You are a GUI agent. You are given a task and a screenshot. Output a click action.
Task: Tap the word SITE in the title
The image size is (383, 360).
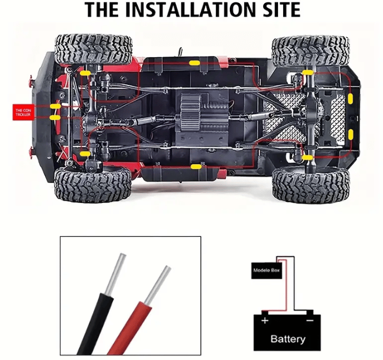point(278,9)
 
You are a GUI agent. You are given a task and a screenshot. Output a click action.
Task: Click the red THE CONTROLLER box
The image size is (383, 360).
point(23,112)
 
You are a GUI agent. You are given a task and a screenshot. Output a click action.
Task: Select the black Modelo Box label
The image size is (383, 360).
point(266,271)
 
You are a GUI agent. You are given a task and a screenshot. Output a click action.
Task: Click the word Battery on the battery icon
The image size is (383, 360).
point(288,339)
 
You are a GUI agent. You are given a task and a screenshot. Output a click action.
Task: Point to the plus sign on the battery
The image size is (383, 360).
point(265,321)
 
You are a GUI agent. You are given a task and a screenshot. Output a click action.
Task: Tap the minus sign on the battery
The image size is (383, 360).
point(310,320)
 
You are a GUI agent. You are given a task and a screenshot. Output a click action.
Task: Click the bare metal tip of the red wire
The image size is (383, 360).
point(158,285)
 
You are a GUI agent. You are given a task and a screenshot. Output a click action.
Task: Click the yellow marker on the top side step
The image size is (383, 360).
point(195,63)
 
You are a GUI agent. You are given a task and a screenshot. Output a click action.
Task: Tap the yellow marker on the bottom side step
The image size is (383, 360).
point(196,167)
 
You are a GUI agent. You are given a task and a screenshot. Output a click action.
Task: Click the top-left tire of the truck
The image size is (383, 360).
point(93,49)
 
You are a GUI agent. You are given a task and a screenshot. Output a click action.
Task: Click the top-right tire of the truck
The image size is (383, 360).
point(311,51)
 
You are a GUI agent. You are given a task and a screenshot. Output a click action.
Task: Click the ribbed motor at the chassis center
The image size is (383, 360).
point(190,113)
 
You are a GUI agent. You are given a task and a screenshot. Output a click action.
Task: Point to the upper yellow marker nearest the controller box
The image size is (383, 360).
point(56,107)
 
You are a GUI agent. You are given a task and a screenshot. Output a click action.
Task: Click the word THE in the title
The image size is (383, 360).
point(102,9)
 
